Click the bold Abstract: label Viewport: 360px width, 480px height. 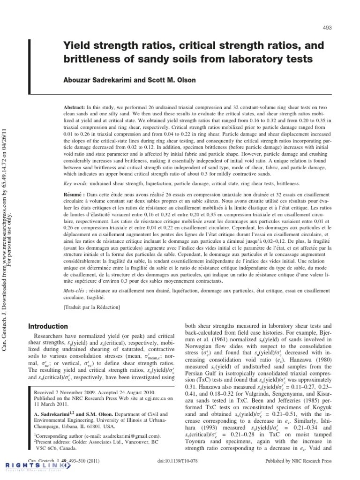(x=75, y=107)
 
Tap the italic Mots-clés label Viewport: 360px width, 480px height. (x=75, y=291)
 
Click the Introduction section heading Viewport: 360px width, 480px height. (x=48, y=326)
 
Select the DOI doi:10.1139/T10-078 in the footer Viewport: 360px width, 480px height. (x=179, y=461)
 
